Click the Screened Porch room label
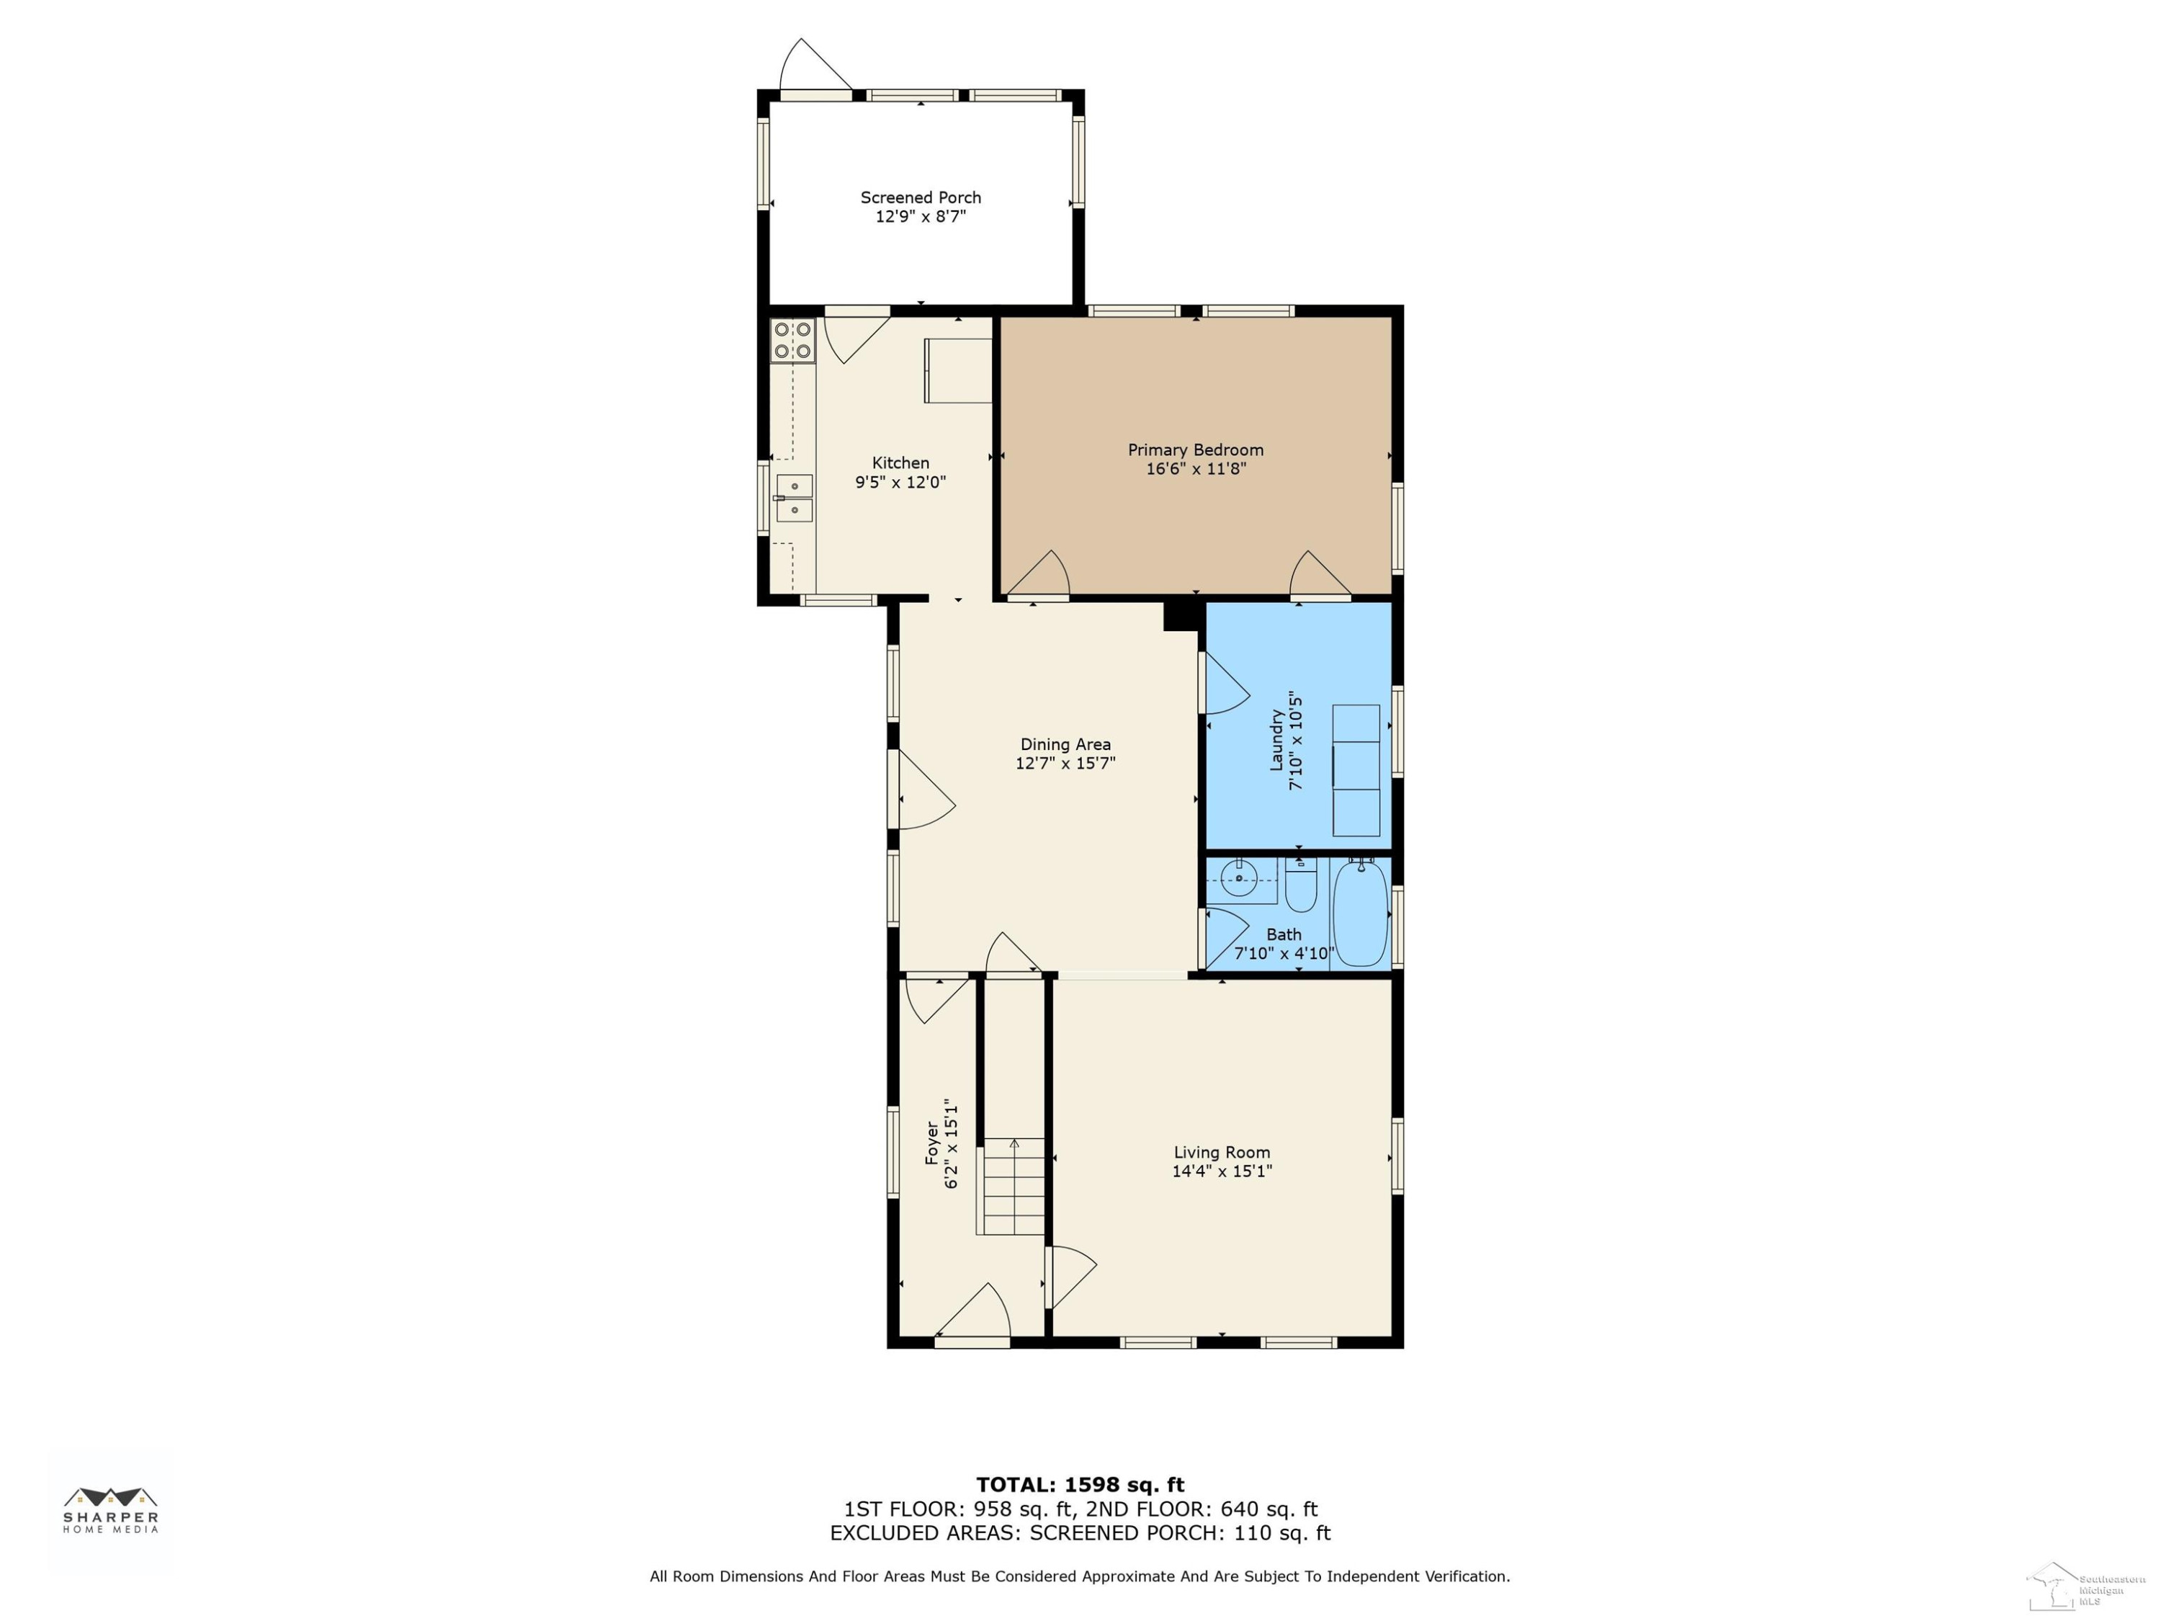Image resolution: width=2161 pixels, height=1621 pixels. [921, 197]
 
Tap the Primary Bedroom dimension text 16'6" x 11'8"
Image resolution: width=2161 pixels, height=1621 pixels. [1196, 469]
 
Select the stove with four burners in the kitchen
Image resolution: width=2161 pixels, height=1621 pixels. [792, 340]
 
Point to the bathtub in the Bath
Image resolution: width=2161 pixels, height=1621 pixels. [1360, 913]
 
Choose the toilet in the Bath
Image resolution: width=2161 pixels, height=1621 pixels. [1300, 883]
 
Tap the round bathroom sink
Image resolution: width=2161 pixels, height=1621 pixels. [1240, 878]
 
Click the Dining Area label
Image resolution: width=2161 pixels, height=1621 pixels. [1065, 744]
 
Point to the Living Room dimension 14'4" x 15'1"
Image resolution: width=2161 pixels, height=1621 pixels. [1222, 1171]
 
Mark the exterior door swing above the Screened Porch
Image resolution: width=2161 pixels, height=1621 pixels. [815, 65]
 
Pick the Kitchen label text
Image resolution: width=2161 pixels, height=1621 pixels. [900, 463]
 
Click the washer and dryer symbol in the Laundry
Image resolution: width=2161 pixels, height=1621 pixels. [1356, 771]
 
